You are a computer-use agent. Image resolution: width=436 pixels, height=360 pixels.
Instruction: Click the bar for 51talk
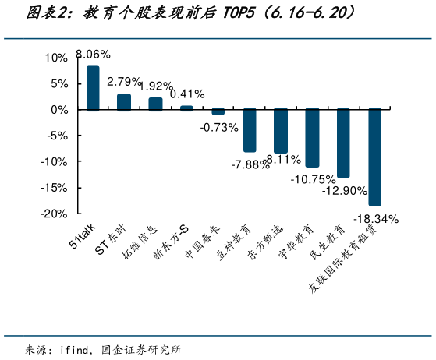tap(93, 88)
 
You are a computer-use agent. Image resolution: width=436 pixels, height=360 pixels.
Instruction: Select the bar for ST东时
tap(124, 102)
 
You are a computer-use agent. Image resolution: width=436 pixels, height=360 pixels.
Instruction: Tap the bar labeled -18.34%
tap(374, 157)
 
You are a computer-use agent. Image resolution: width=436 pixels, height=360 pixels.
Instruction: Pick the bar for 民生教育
tap(343, 143)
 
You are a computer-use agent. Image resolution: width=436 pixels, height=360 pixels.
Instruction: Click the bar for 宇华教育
tap(312, 137)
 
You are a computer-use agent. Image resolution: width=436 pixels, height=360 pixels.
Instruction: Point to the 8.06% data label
tap(93, 55)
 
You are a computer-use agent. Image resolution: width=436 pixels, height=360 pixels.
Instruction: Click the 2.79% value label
tap(124, 81)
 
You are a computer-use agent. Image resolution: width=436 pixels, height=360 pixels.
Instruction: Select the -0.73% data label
tap(218, 127)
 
